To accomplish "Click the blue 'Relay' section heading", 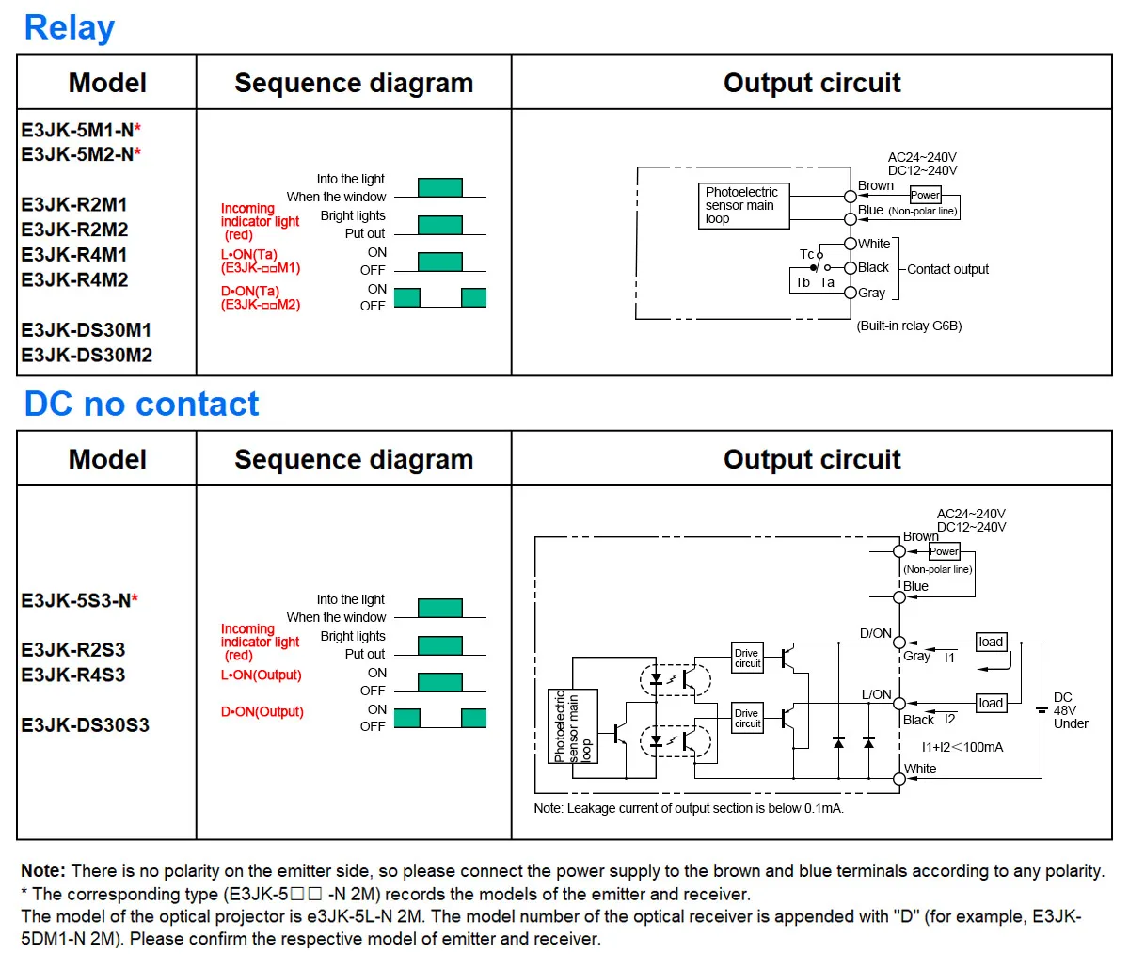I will click(69, 27).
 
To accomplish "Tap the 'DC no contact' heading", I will click(141, 404).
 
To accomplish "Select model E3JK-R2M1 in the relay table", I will click(74, 204).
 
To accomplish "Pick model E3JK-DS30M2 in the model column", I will click(87, 355).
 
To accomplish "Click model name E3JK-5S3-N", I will click(76, 600).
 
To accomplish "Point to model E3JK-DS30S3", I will click(86, 724).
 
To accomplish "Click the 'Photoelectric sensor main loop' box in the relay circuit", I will click(742, 205).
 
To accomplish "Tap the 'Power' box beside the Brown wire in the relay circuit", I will click(925, 195).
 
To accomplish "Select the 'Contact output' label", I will click(947, 269).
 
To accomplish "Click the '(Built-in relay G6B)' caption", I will click(909, 326).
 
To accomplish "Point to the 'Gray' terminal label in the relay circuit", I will click(871, 293).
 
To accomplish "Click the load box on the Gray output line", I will click(991, 642).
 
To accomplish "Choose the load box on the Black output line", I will click(991, 703).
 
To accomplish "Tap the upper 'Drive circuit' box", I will click(747, 658).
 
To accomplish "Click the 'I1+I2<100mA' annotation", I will click(962, 747).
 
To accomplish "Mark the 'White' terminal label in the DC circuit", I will click(920, 769).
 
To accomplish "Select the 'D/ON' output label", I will click(875, 633).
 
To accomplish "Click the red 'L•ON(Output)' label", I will click(261, 675).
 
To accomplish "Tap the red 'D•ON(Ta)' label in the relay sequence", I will click(250, 291).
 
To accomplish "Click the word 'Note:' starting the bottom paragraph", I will click(43, 871).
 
